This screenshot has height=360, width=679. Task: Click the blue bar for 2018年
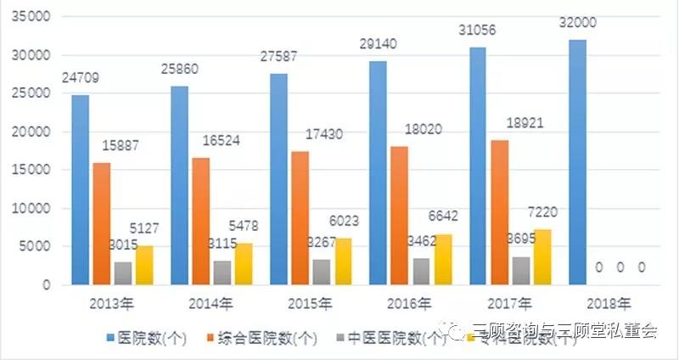(579, 161)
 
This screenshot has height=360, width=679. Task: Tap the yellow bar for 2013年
(145, 265)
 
